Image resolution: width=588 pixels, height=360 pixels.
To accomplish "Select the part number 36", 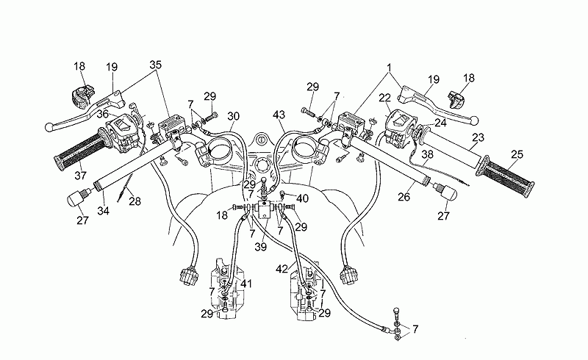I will (101, 114).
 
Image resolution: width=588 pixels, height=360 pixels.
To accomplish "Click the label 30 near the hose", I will (234, 116).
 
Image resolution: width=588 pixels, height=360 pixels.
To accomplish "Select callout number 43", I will (279, 116).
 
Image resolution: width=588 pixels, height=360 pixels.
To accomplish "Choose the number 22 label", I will (384, 97).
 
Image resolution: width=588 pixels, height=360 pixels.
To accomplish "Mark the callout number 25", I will (517, 154).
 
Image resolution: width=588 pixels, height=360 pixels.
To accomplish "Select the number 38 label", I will (427, 156).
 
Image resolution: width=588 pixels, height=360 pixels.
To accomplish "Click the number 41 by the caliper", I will (246, 284).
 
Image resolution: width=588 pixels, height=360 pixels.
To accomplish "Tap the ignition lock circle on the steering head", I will (260, 140).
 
